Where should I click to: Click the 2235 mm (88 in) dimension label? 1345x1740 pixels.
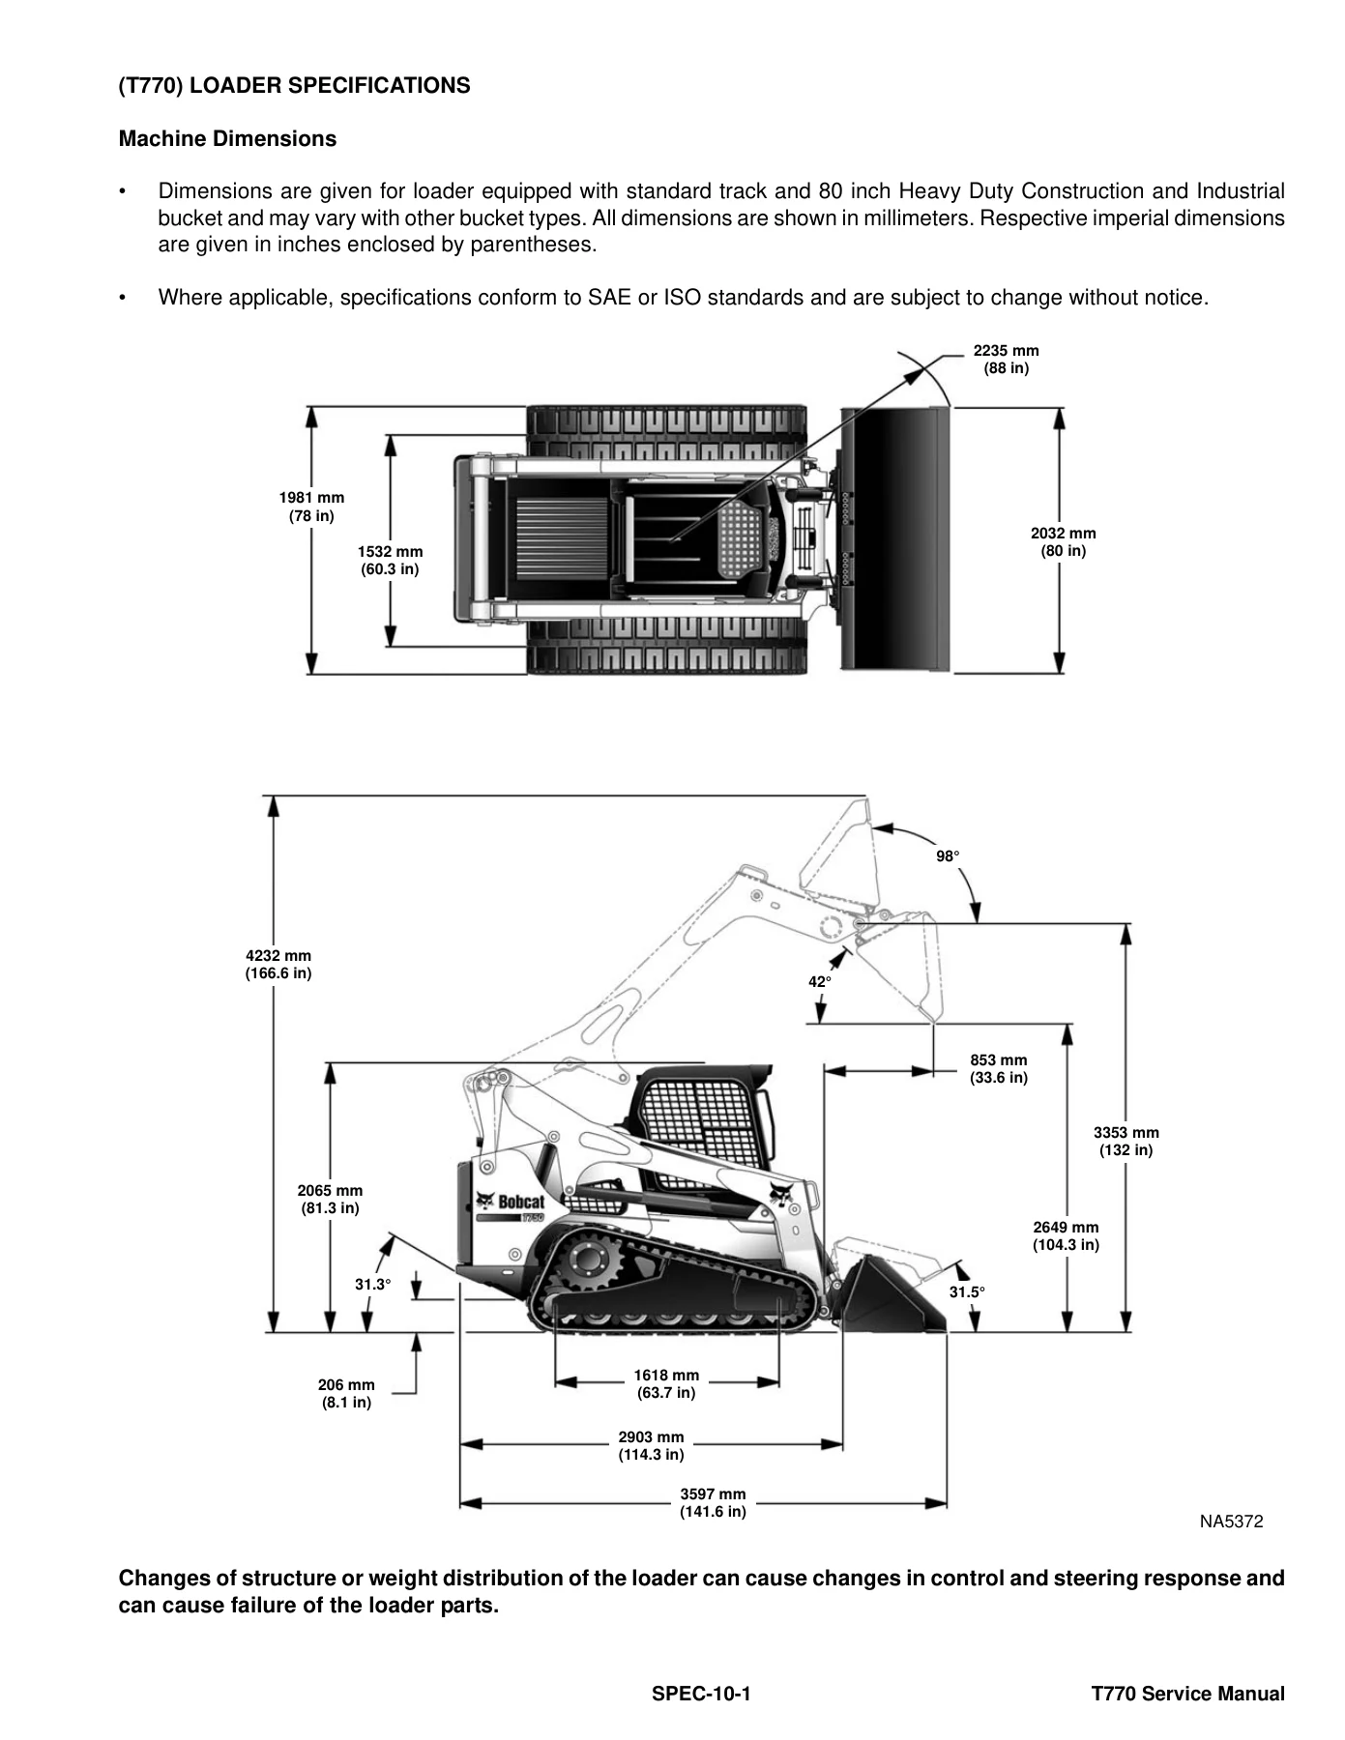click(1006, 360)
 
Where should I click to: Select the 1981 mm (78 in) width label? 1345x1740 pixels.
click(311, 507)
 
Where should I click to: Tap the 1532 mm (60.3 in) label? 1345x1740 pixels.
click(390, 560)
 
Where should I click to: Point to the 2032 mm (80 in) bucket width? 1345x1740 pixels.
click(1063, 541)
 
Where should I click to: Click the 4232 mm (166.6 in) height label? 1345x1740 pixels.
click(278, 964)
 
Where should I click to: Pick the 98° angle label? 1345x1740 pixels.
click(948, 856)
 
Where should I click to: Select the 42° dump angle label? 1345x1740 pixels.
click(819, 981)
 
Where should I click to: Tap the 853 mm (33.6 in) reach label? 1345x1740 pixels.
click(999, 1068)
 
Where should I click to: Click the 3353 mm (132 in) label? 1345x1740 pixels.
click(1126, 1141)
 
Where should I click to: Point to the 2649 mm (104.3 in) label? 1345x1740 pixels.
click(1066, 1235)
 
